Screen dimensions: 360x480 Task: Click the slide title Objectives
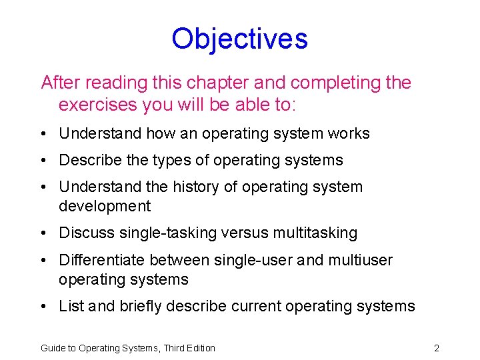(239, 39)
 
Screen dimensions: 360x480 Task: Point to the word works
(349, 133)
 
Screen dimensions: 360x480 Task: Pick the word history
(197, 187)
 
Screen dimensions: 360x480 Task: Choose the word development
(105, 206)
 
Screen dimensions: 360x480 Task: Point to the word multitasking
(312, 233)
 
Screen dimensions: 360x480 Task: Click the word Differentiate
(102, 260)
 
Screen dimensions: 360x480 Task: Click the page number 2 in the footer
(436, 348)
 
